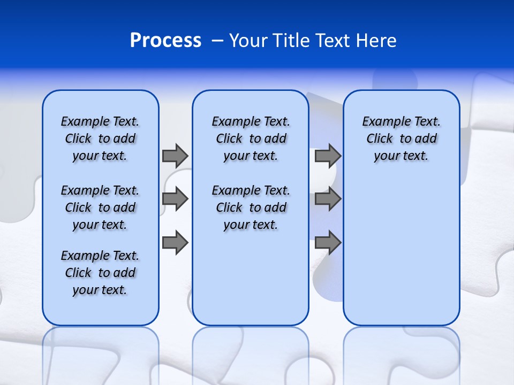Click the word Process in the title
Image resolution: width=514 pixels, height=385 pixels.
click(165, 41)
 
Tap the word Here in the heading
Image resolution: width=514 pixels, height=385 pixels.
click(377, 41)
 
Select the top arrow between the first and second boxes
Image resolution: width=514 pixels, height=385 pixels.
click(175, 156)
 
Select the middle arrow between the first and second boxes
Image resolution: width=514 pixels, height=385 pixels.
click(175, 199)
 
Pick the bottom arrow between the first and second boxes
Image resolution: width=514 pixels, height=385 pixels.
click(175, 242)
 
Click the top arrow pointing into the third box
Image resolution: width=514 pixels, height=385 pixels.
click(328, 156)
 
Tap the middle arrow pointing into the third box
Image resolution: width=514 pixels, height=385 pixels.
click(328, 199)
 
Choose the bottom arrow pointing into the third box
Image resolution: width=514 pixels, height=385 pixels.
click(328, 242)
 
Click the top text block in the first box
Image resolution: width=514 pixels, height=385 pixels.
click(100, 138)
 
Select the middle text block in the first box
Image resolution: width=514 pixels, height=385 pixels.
click(100, 207)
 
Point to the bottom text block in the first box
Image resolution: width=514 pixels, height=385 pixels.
click(100, 273)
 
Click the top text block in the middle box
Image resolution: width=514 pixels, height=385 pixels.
click(251, 138)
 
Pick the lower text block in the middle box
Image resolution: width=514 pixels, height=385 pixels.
click(251, 207)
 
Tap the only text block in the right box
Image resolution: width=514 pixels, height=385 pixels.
click(401, 138)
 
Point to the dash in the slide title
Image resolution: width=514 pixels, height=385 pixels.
click(217, 41)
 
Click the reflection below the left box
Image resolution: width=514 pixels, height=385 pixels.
click(101, 353)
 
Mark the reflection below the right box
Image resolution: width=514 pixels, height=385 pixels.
click(401, 353)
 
